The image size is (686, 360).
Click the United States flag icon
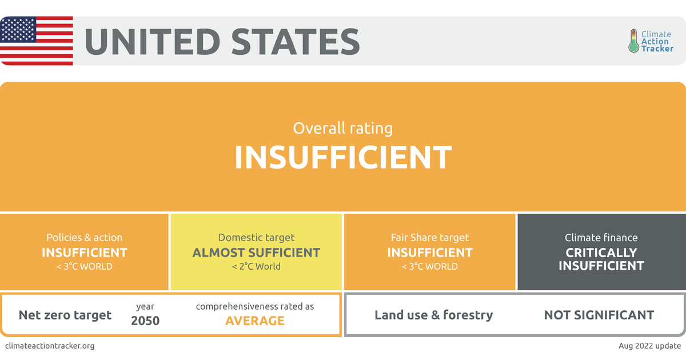click(37, 41)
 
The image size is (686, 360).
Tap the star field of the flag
click(18, 29)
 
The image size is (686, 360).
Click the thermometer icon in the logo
click(633, 41)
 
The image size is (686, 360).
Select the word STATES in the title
click(295, 42)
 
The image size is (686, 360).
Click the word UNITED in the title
click(152, 42)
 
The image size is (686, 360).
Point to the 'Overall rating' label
click(342, 128)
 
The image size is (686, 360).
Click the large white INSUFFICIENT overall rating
click(343, 157)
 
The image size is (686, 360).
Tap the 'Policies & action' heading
click(84, 238)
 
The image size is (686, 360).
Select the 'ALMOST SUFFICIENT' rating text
click(256, 253)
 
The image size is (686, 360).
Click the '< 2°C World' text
click(256, 266)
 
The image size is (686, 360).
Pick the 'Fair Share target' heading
click(430, 238)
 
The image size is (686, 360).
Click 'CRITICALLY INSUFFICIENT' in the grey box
click(601, 259)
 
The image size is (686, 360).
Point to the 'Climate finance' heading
click(601, 238)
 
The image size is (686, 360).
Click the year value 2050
click(145, 321)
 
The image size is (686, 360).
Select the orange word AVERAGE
click(255, 321)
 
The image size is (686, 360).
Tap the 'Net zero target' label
click(65, 315)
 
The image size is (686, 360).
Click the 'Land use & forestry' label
click(434, 315)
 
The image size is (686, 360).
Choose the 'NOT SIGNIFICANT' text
click(599, 315)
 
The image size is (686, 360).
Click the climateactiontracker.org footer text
click(50, 346)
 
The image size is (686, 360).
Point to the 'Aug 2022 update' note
click(649, 346)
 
